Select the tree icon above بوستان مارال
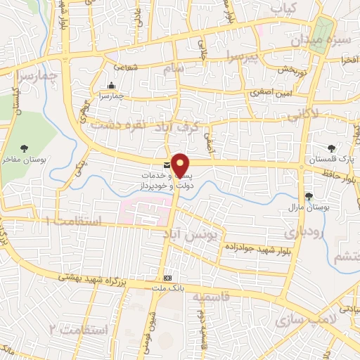click(309, 196)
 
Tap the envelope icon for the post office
click(166, 166)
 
